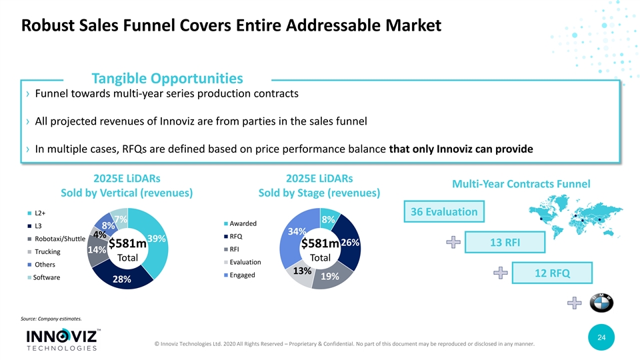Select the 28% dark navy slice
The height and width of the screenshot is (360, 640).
coord(121,278)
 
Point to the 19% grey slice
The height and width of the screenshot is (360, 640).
coord(330,276)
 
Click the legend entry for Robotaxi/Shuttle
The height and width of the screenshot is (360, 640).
coord(56,239)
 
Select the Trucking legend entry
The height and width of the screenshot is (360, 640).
coord(44,252)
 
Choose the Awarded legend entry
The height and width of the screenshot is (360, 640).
coord(241,224)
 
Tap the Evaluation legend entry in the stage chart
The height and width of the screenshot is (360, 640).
coord(243,262)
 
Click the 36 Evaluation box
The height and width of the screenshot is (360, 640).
coord(444,211)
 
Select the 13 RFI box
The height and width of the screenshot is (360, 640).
coord(505,243)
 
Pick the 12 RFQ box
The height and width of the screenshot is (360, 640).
coord(552,273)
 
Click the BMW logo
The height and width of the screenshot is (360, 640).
coord(601,303)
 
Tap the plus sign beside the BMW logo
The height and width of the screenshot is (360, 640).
coord(574,303)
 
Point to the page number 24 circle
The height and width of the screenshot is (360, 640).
coord(601,337)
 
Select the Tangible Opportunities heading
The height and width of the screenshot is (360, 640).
coord(167,79)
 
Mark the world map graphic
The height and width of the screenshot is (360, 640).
coord(575,215)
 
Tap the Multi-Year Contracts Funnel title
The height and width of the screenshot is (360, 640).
coord(521,184)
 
